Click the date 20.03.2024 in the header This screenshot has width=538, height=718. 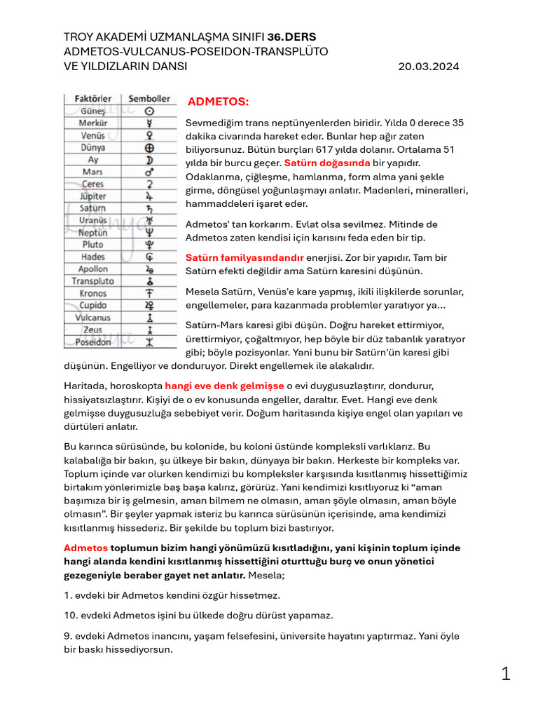click(429, 67)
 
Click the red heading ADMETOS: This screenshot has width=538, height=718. click(218, 102)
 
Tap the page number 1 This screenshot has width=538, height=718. click(506, 675)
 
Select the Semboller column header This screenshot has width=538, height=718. click(149, 99)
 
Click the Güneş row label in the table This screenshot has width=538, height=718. click(92, 111)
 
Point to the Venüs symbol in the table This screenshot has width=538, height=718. click(149, 135)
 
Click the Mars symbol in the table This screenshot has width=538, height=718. click(149, 172)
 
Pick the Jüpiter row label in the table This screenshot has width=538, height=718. click(92, 196)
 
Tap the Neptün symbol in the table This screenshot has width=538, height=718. click(149, 232)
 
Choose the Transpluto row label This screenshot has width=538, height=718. click(92, 280)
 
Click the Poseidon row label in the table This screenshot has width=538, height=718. click(92, 341)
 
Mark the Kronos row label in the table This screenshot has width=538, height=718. click(92, 292)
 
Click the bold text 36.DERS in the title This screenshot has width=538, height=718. click(287, 36)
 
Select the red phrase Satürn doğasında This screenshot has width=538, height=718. click(326, 163)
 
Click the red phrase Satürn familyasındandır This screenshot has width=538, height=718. click(244, 257)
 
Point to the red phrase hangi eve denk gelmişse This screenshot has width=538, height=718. click(224, 386)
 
